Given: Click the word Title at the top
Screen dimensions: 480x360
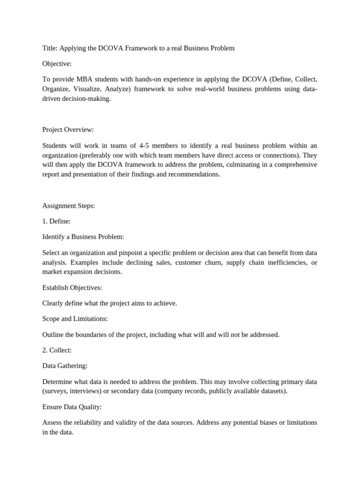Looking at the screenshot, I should pos(50,48).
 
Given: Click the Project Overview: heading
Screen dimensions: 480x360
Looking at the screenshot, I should pos(68,129).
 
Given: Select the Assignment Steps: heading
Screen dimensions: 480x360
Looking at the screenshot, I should pos(68,205).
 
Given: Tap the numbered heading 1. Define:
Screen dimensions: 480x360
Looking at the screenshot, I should pos(56,221).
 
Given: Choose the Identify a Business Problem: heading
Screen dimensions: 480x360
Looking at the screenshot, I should pos(83,237).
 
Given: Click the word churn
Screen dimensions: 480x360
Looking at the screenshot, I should pos(209,262).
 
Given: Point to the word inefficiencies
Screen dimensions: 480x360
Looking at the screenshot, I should pos(282,262).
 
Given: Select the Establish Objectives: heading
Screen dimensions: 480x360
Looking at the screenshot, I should pos(72,287).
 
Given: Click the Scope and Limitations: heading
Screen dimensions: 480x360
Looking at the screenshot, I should pos(75,319).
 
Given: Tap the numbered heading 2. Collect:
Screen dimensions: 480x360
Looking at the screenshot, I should pos(57,350).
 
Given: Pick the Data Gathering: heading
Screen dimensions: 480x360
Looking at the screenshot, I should pos(65,366).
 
